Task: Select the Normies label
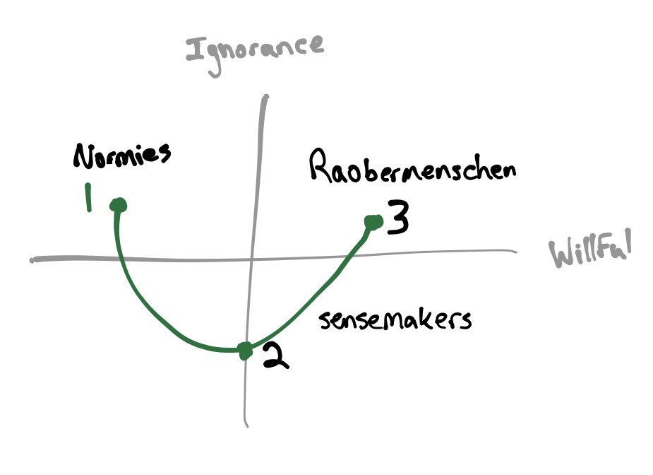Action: (x=121, y=156)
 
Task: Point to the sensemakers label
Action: (x=395, y=319)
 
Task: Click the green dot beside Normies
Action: (x=119, y=205)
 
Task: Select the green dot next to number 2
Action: (x=244, y=350)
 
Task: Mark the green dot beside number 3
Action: (x=372, y=223)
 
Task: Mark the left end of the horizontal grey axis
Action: (x=32, y=260)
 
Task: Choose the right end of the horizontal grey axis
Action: (x=515, y=250)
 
